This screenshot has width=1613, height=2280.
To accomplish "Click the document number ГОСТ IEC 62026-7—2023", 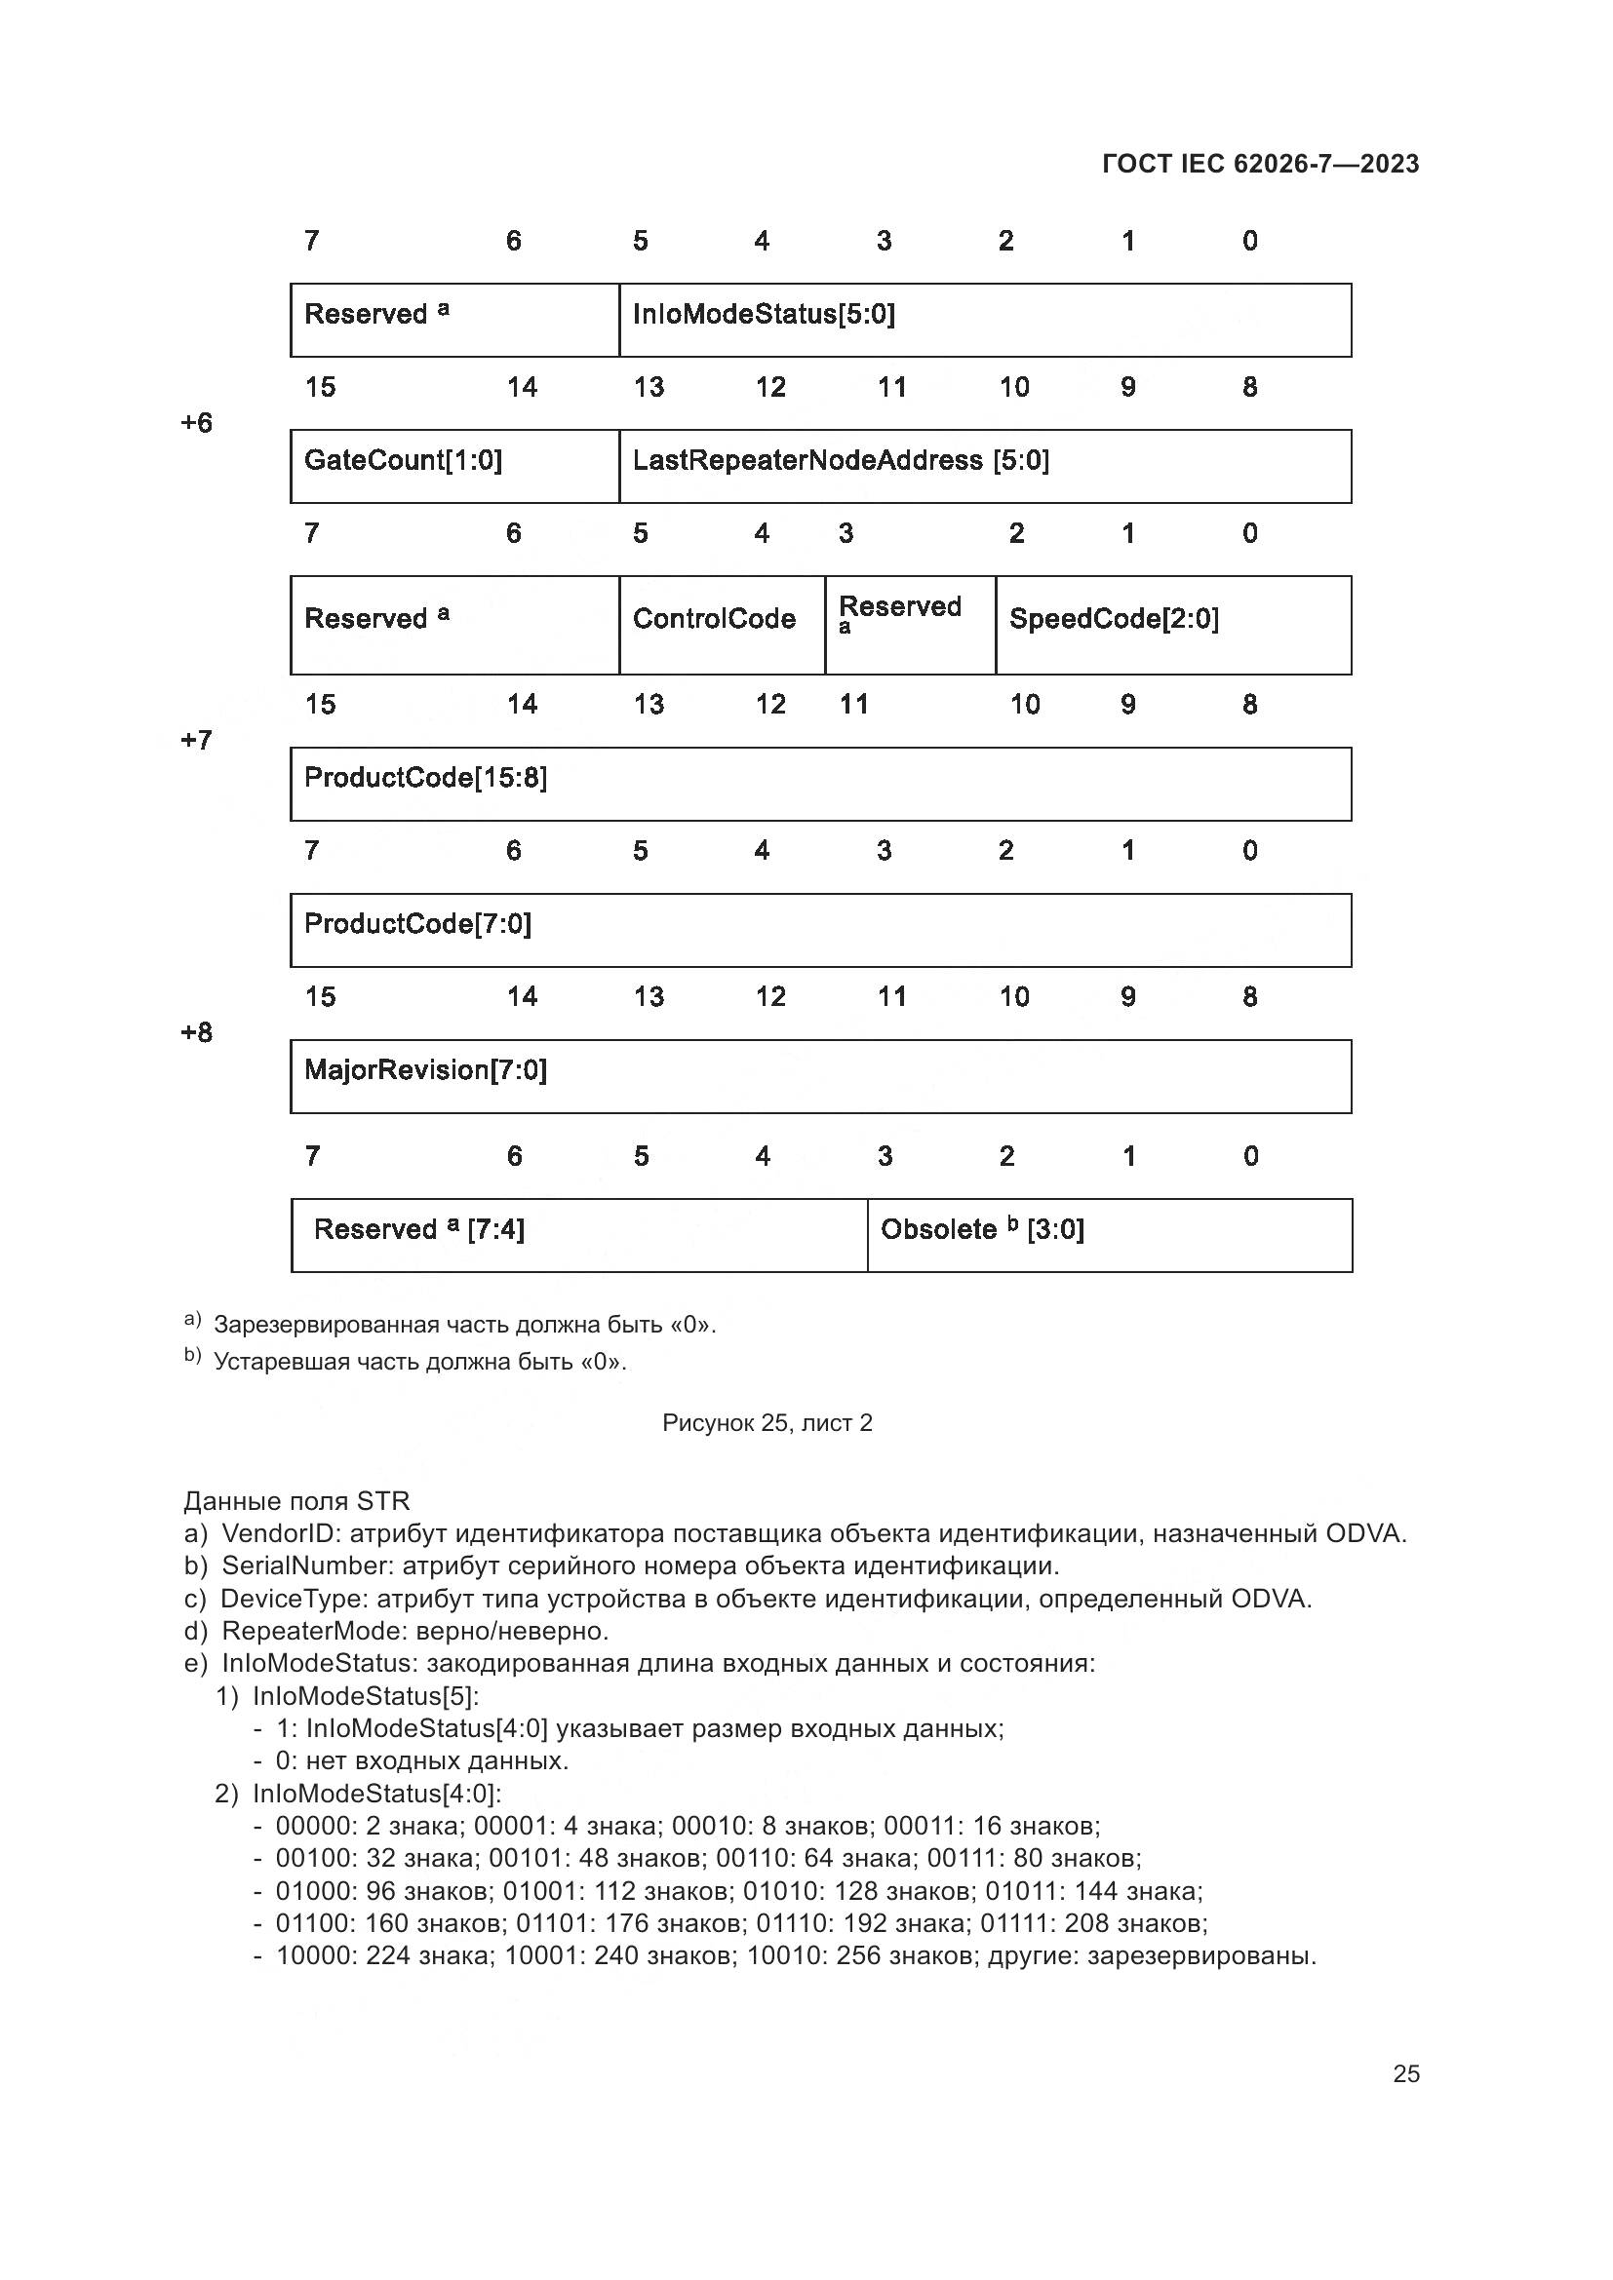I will pyautogui.click(x=1259, y=164).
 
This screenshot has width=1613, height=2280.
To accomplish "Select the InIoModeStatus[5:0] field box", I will pyautogui.click(x=983, y=320).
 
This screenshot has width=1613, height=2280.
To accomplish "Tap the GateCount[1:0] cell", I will pyautogui.click(x=454, y=466).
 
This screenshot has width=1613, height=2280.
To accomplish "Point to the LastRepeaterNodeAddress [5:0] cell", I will pyautogui.click(x=983, y=466).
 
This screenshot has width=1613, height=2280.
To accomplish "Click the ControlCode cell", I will pyautogui.click(x=721, y=625).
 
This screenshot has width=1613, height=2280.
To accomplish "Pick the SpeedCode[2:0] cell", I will pyautogui.click(x=1172, y=625).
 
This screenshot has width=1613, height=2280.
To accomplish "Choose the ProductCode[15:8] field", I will pyautogui.click(x=820, y=784).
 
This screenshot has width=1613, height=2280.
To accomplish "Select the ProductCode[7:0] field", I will pyautogui.click(x=820, y=930).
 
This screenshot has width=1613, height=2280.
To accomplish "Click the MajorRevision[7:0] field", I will pyautogui.click(x=820, y=1075).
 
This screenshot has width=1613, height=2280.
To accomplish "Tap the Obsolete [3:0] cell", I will pyautogui.click(x=1109, y=1234).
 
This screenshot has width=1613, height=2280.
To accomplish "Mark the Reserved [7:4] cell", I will pyautogui.click(x=579, y=1234).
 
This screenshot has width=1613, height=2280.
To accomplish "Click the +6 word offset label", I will pyautogui.click(x=197, y=423).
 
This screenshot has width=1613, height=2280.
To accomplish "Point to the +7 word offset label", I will pyautogui.click(x=197, y=740).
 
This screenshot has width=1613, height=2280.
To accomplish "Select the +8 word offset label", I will pyautogui.click(x=197, y=1032).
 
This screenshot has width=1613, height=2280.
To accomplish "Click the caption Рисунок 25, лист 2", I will pyautogui.click(x=767, y=1423).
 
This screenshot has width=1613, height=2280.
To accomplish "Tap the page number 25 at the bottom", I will pyautogui.click(x=1405, y=2073).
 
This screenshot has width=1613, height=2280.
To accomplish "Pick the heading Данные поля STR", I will pyautogui.click(x=296, y=1500).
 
